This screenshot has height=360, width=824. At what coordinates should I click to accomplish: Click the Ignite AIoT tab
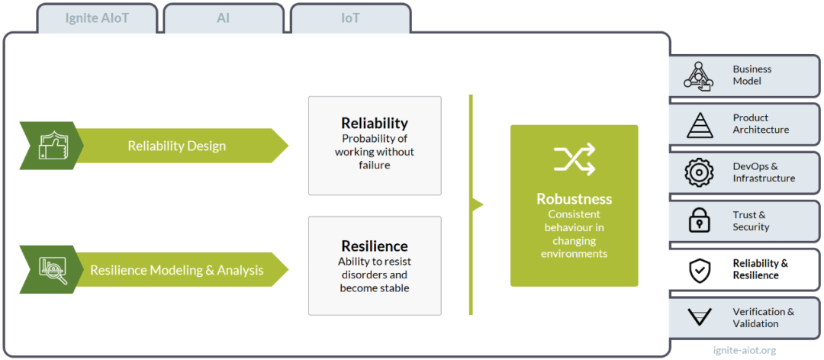pos(97,18)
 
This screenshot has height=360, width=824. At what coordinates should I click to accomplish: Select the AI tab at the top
pos(224,18)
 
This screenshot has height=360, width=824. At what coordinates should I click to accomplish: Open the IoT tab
pos(350,18)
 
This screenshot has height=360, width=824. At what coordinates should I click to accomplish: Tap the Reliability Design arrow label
pos(176,146)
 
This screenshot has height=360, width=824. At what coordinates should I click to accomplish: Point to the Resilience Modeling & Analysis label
pos(176,270)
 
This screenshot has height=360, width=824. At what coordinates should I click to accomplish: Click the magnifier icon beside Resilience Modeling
pos(53,270)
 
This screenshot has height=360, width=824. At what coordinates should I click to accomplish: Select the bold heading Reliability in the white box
pos(375,123)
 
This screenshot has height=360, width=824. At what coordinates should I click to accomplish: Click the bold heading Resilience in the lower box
pos(375,246)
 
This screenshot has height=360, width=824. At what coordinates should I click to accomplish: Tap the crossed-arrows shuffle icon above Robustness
pos(575,159)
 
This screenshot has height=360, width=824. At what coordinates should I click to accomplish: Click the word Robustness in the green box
pos(575,199)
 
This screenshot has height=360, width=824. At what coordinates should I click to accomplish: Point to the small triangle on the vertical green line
pos(477,204)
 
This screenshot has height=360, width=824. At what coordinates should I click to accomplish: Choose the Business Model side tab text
pos(752,76)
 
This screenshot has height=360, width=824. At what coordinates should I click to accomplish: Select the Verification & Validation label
pos(764,317)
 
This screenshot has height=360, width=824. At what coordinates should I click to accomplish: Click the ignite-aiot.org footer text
pos(744,350)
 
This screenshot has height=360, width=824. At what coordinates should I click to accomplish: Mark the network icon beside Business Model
pos(698,76)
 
